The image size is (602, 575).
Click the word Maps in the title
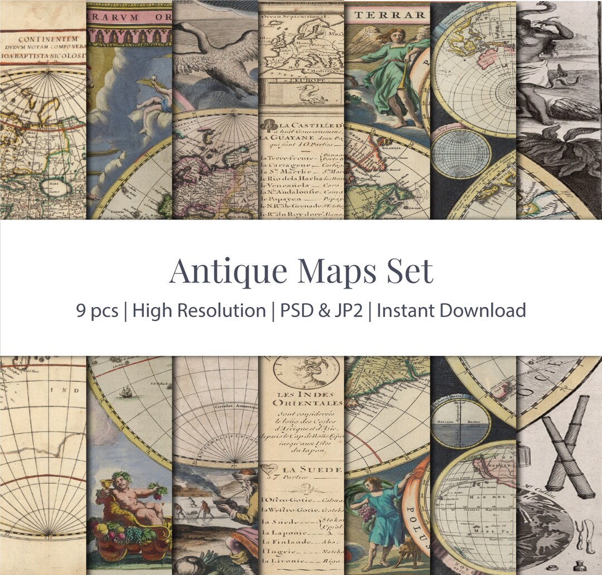click(x=331, y=271)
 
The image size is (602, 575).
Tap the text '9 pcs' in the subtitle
click(x=97, y=310)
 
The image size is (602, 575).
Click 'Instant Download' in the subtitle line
click(x=452, y=310)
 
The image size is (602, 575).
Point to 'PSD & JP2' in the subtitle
click(x=321, y=310)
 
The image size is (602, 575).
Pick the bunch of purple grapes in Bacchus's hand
click(x=158, y=490)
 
